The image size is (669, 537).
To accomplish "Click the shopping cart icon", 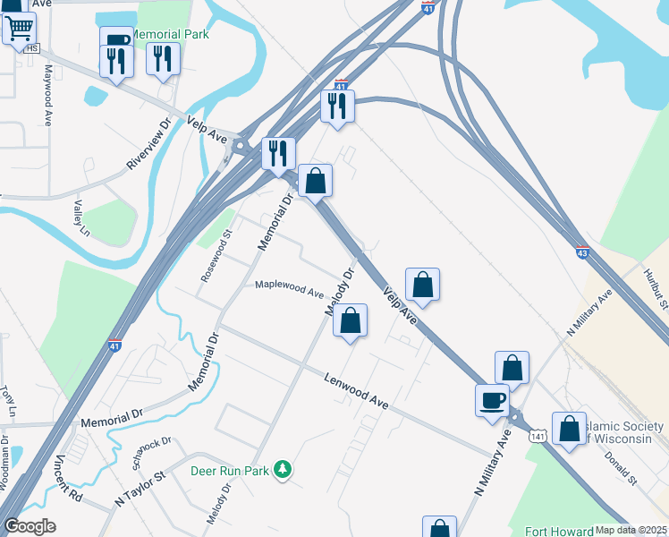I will pos(19,29).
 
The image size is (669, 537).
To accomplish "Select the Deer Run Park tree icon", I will pos(284,469).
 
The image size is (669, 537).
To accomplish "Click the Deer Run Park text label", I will pos(229,469).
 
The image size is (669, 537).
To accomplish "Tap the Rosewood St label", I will pos(215,257).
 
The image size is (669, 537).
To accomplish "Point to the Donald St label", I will pos(619,469).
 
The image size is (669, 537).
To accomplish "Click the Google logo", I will pos(30,527).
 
